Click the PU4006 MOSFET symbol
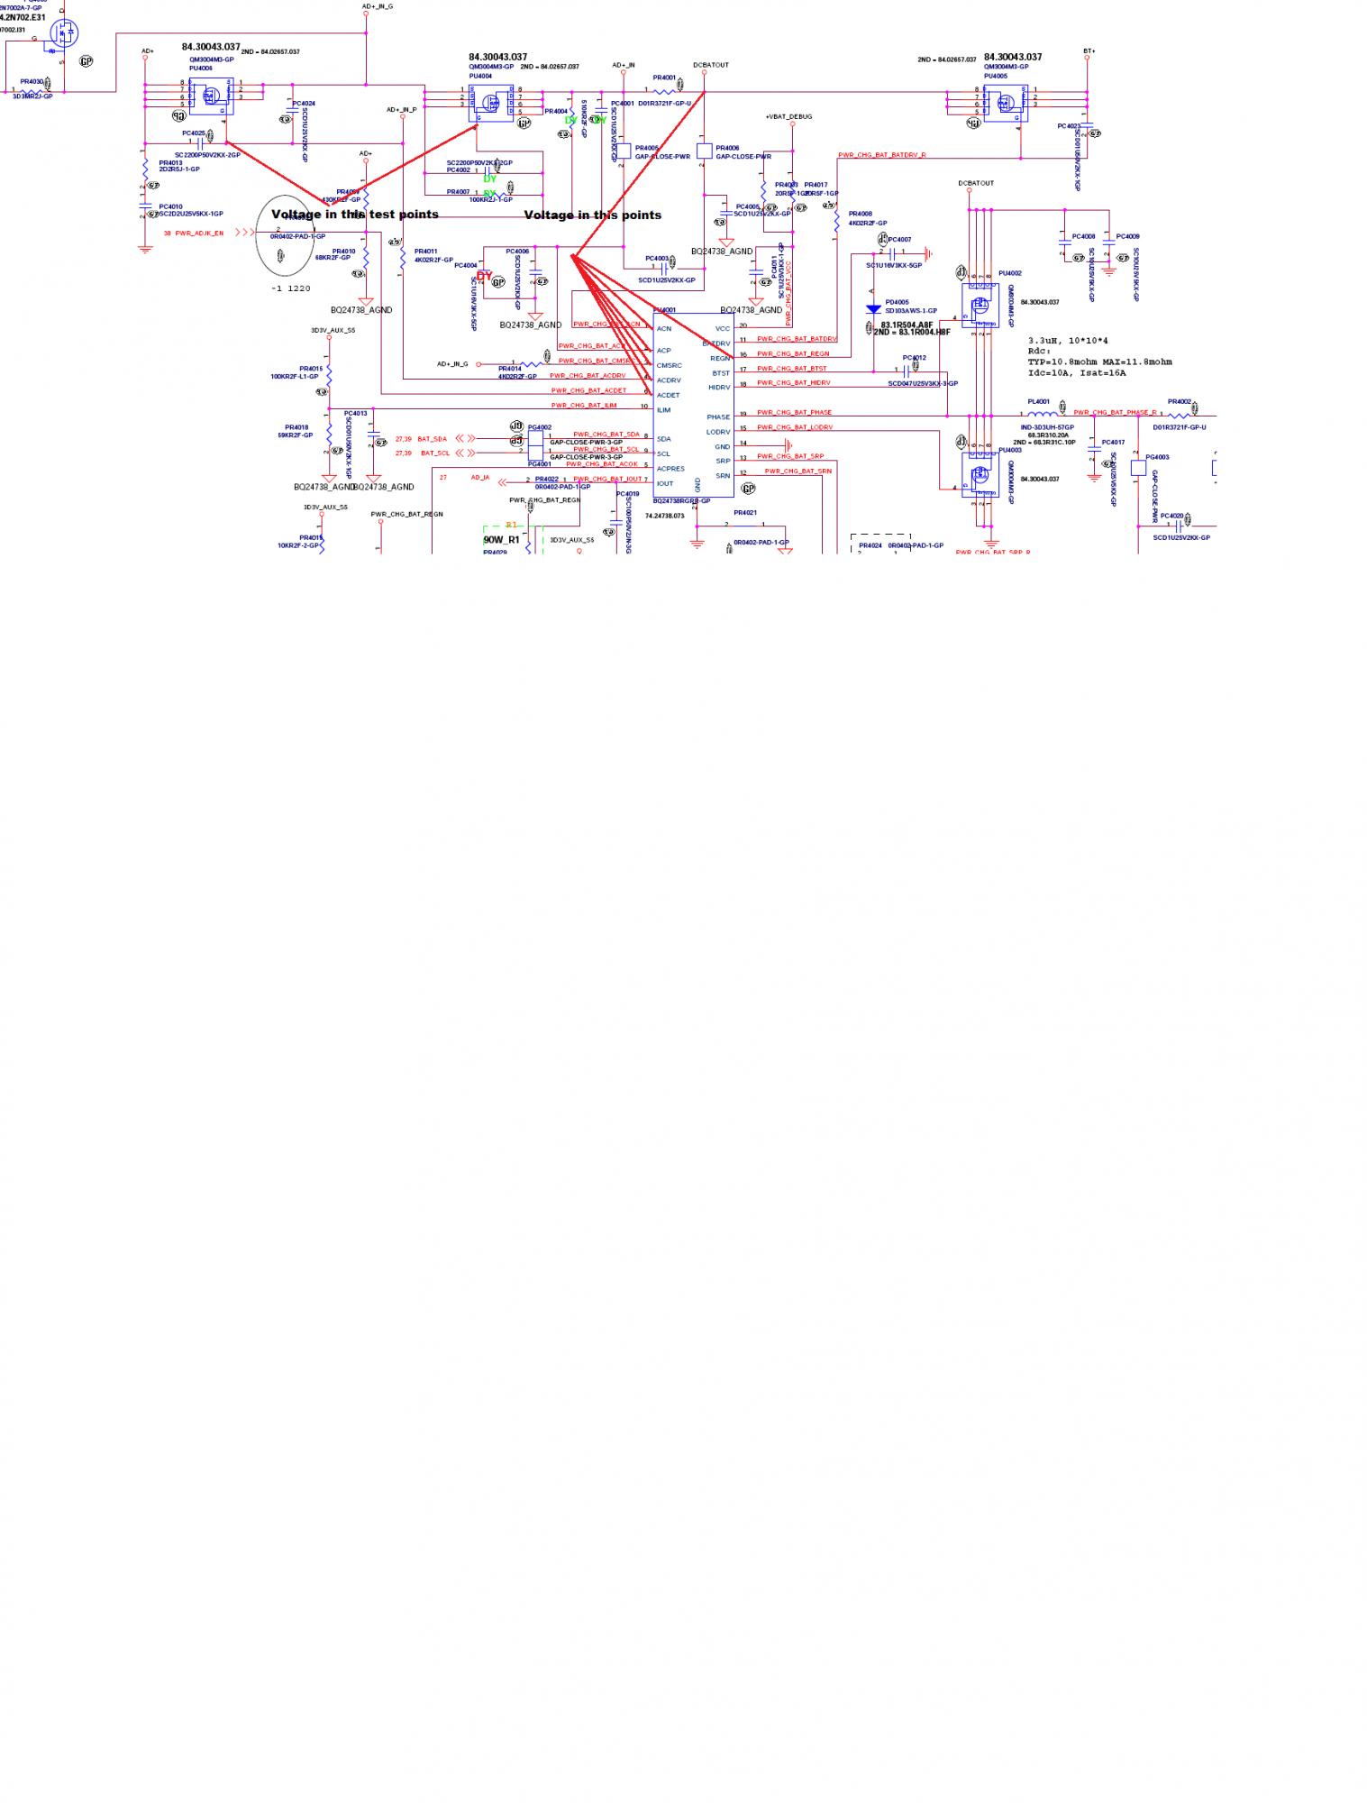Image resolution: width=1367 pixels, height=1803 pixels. coord(211,96)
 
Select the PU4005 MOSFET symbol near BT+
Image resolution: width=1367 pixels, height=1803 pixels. coord(1005,102)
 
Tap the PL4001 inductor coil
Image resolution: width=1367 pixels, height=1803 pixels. coord(1043,414)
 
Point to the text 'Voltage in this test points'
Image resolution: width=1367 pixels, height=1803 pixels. coord(355,215)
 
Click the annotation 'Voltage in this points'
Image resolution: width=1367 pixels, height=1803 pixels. coord(593,215)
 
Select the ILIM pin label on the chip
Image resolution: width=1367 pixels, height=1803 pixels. coord(663,410)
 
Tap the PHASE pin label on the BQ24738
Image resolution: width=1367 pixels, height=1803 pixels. coord(718,417)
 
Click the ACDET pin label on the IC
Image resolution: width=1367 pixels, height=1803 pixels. coord(668,395)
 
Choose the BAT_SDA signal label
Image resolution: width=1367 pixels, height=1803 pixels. coord(432,439)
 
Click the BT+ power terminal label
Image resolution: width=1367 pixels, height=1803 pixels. coord(1089,51)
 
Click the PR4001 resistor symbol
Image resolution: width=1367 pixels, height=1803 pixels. coord(664,91)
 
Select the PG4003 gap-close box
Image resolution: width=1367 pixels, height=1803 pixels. coord(1138,468)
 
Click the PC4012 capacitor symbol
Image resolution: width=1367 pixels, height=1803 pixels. coord(907,370)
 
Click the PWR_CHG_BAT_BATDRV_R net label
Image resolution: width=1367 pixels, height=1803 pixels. coord(881,155)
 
